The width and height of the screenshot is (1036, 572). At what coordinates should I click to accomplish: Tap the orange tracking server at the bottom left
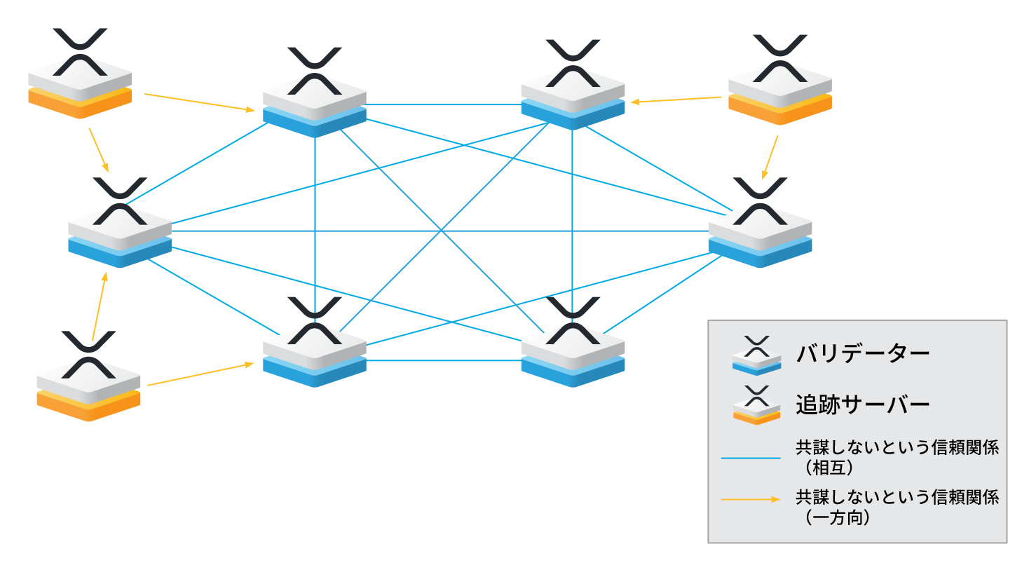88,386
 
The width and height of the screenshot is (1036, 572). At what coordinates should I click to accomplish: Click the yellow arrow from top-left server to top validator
200,102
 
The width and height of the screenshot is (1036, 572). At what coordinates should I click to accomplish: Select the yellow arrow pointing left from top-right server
676,100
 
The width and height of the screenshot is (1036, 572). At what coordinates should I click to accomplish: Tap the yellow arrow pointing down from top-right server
770,157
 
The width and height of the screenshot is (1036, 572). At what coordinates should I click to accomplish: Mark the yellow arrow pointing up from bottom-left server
99,306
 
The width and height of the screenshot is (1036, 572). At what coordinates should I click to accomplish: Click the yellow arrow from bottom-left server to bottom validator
200,374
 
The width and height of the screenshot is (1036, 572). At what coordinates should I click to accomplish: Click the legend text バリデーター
862,353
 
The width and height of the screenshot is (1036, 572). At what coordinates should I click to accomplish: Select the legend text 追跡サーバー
862,404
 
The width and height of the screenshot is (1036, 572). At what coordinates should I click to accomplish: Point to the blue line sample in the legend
751,458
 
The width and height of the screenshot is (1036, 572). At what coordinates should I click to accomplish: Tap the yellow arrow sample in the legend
751,499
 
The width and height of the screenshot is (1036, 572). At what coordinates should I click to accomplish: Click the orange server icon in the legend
756,406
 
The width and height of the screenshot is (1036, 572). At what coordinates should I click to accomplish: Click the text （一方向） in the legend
838,517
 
